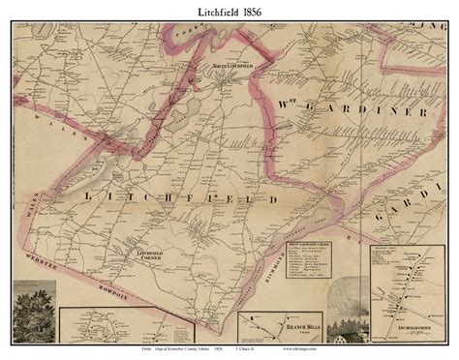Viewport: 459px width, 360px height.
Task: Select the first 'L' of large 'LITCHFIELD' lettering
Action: (x=91, y=197)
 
